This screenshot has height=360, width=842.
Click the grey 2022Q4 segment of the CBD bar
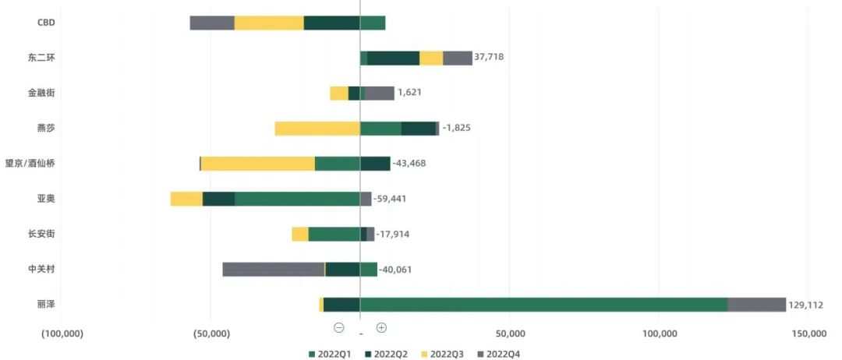tap(212, 23)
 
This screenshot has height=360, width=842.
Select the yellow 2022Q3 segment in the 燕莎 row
tap(317, 129)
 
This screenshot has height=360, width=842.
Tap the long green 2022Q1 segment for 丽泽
tap(543, 304)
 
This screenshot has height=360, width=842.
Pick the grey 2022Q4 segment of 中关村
tap(273, 269)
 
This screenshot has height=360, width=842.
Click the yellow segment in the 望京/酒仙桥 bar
tap(257, 164)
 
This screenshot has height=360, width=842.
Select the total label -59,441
tap(390, 199)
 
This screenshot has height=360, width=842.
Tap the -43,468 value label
tap(409, 164)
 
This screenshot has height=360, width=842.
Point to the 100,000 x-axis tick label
tap(659, 334)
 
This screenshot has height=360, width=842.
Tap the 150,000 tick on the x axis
tap(808, 334)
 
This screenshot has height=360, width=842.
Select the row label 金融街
tap(41, 93)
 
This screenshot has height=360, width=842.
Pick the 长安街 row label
tap(41, 234)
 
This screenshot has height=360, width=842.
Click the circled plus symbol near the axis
tap(381, 328)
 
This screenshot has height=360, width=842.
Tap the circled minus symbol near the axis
tap(339, 328)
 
